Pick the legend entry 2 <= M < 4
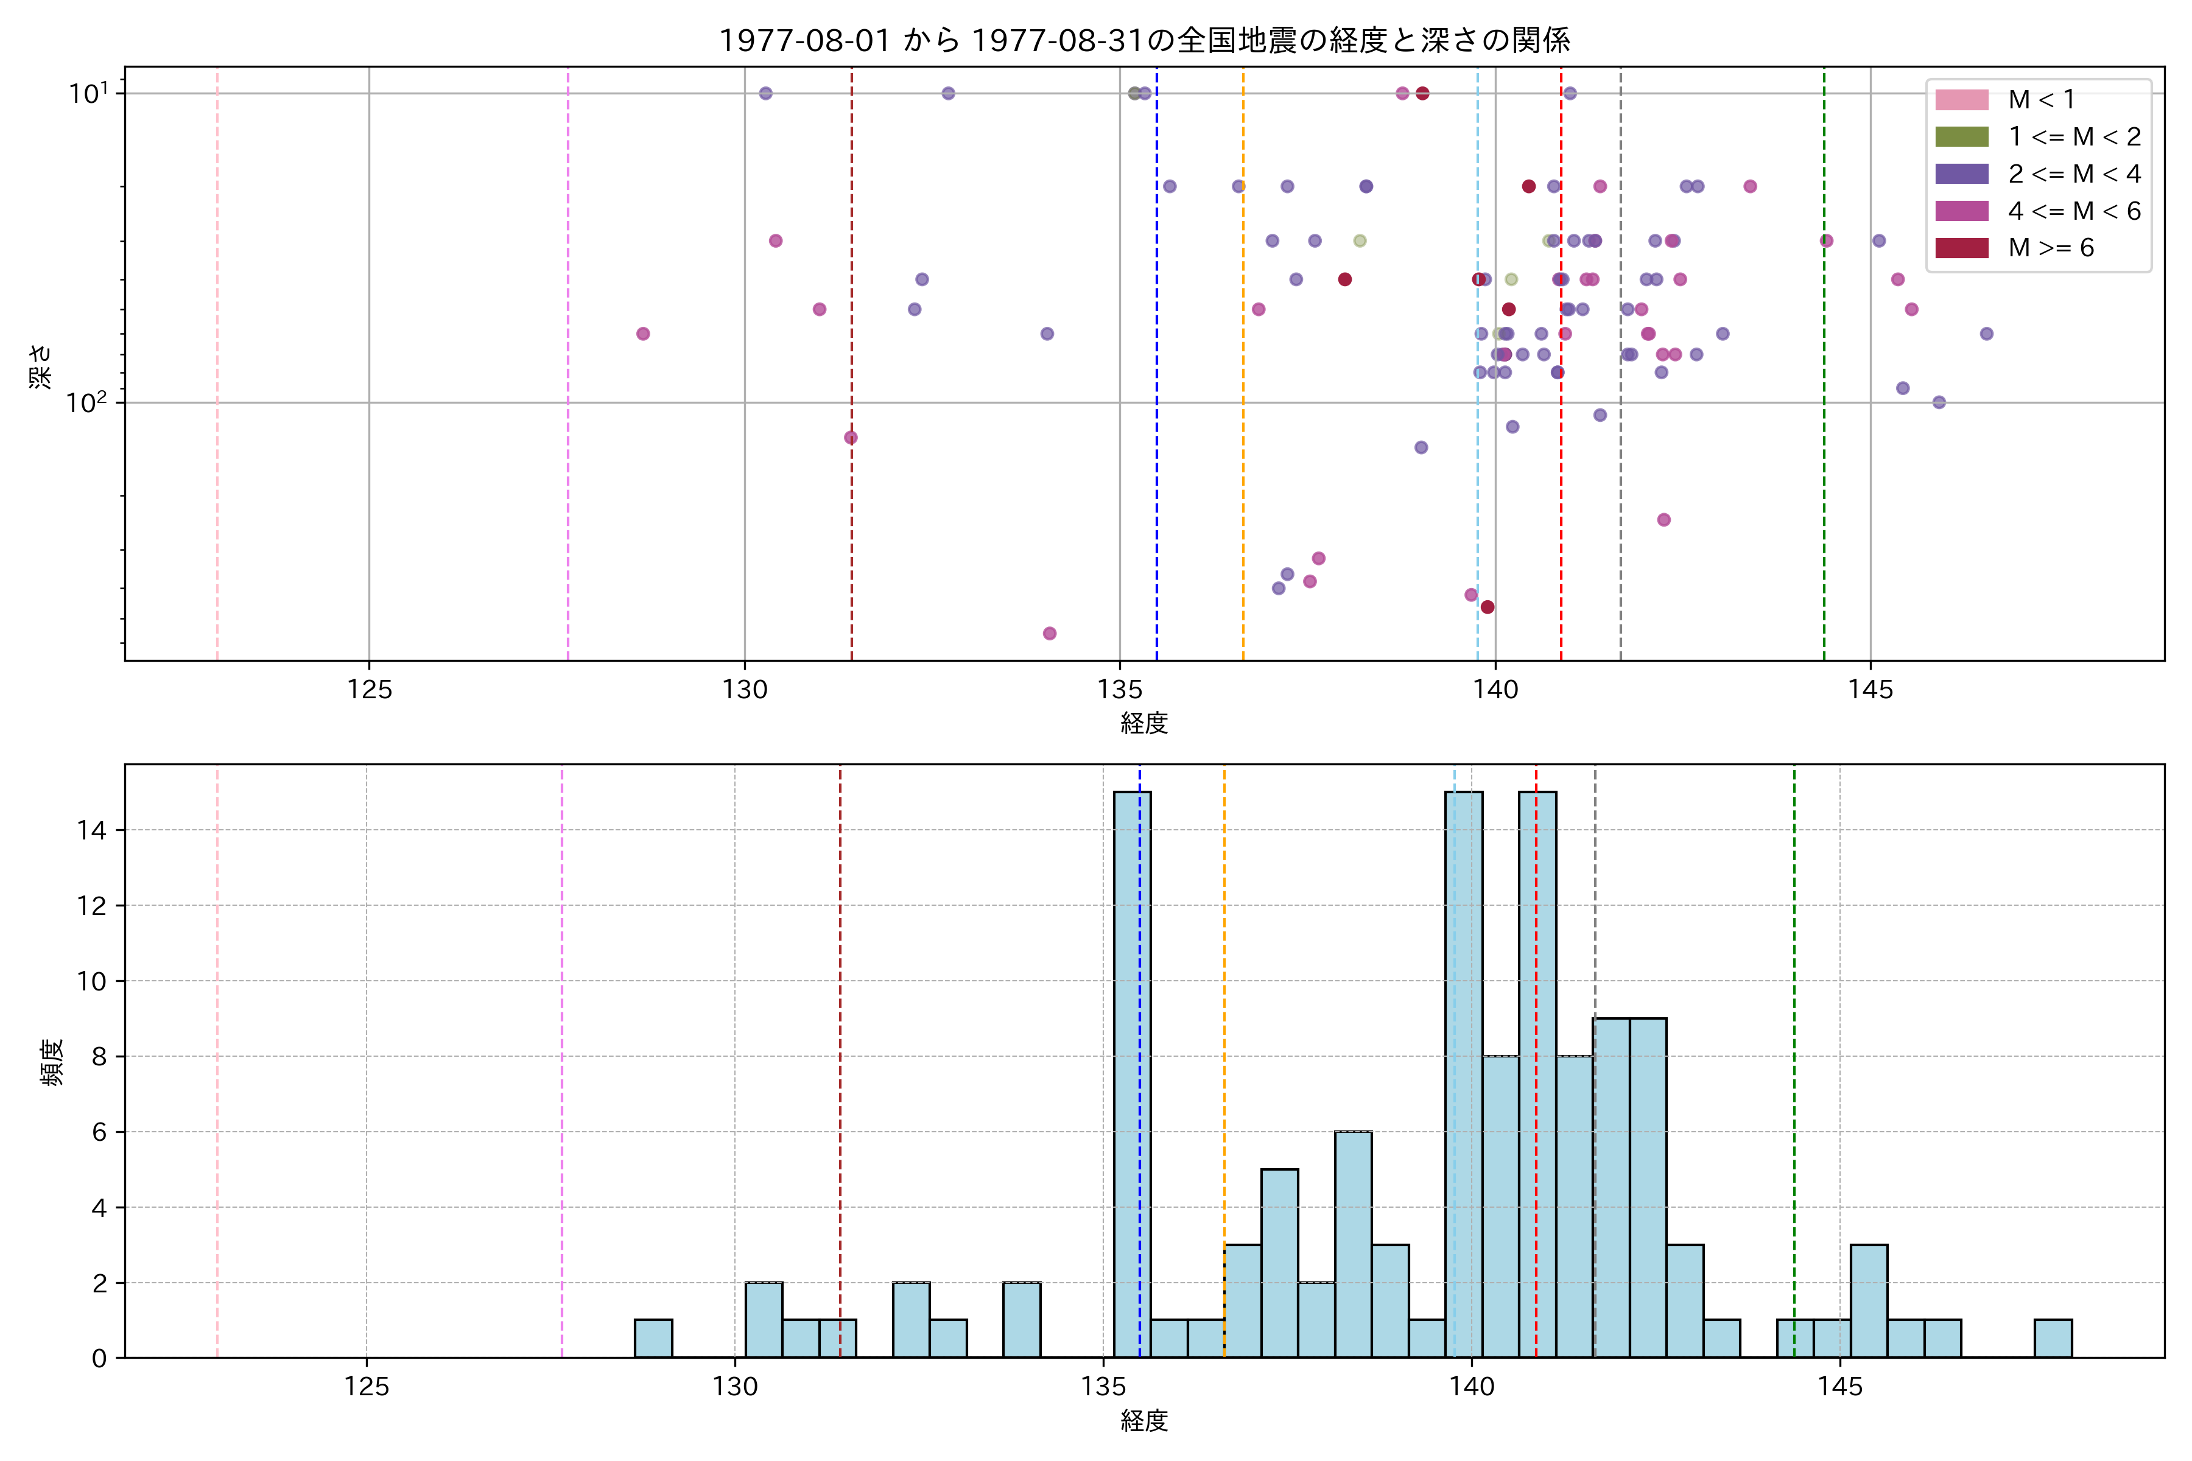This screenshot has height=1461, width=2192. click(2074, 174)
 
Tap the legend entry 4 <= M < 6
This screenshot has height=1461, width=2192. click(2074, 211)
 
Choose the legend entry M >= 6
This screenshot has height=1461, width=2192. click(2050, 248)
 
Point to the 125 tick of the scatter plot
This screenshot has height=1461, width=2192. click(369, 690)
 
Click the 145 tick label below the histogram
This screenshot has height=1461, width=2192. click(1839, 1387)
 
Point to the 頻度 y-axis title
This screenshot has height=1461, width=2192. click(52, 1062)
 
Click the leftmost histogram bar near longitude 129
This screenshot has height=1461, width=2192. click(653, 1339)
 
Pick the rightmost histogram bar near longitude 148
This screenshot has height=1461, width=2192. click(2053, 1339)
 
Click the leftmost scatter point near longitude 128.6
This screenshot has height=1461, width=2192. click(643, 334)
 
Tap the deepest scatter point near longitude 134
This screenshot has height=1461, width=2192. click(1049, 634)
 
